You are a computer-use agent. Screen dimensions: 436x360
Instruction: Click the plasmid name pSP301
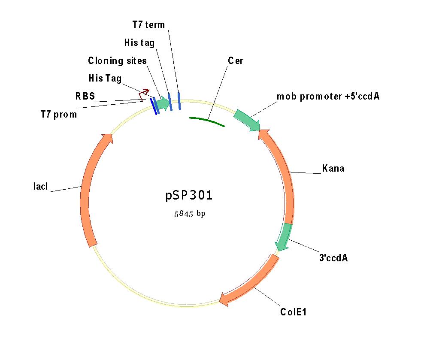[189, 195]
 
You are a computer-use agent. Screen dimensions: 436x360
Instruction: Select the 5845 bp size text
[190, 214]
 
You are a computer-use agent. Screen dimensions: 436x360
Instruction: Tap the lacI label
[41, 186]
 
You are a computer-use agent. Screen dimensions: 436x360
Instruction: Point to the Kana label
[333, 168]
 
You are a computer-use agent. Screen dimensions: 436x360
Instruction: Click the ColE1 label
[294, 312]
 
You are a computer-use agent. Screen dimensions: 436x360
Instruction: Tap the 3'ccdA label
[333, 258]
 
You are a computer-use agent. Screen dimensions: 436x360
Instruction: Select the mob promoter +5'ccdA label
[328, 96]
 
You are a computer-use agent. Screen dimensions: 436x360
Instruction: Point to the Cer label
[236, 61]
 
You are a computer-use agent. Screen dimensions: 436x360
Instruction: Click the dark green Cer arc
[207, 121]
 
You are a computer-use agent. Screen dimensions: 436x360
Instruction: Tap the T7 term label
[148, 24]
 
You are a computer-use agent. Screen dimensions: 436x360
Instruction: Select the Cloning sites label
[117, 61]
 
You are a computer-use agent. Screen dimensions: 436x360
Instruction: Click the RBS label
[85, 96]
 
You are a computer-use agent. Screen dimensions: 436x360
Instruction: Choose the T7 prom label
[59, 114]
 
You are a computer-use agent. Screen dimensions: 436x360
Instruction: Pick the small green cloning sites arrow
[162, 103]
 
